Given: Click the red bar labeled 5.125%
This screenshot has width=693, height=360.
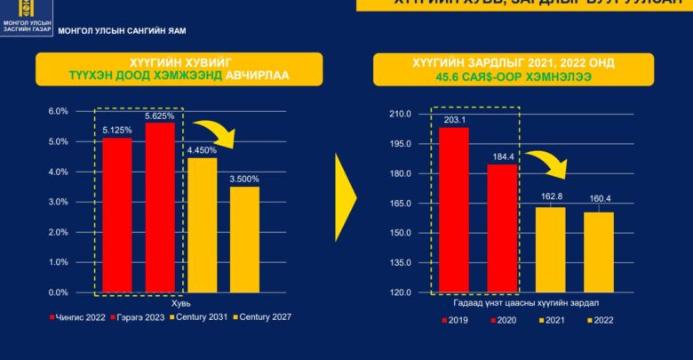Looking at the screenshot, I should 117,215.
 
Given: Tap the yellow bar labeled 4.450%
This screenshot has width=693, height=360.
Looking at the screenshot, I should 202,225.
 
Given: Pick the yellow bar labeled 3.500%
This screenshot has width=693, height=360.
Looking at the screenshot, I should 245,239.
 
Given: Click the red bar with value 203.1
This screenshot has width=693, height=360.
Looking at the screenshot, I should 454,210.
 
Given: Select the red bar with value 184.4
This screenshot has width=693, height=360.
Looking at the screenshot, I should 502,228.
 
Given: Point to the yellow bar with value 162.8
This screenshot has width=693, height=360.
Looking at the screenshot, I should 550,250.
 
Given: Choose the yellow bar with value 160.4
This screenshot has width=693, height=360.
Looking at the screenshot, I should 599,252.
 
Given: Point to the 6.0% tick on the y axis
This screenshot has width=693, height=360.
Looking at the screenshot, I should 58,111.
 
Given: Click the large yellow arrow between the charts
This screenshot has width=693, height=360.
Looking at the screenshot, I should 344,196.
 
